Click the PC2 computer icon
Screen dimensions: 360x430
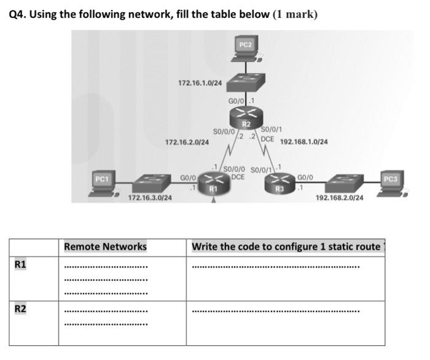pyautogui.click(x=246, y=50)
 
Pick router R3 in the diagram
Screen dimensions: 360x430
pyautogui.click(x=280, y=183)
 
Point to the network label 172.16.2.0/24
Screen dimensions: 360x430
pyautogui.click(x=187, y=142)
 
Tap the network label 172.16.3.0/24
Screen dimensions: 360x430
pyautogui.click(x=150, y=198)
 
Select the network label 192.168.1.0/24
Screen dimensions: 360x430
pyautogui.click(x=304, y=141)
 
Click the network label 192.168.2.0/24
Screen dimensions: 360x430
pyautogui.click(x=339, y=198)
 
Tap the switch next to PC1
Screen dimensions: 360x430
pyautogui.click(x=150, y=182)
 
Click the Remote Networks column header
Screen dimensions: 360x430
pyautogui.click(x=105, y=246)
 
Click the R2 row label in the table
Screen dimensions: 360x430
pyautogui.click(x=20, y=308)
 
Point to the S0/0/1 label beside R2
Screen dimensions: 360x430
pyautogui.click(x=272, y=130)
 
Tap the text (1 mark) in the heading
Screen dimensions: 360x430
pyautogui.click(x=295, y=14)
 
